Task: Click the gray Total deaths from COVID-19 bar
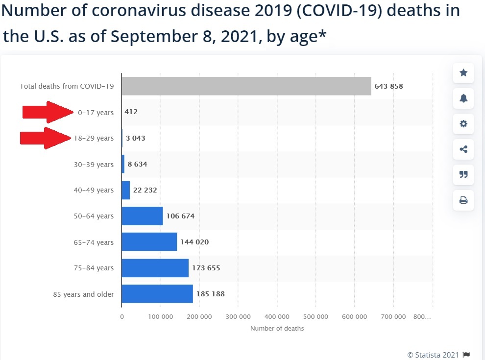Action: pyautogui.click(x=246, y=86)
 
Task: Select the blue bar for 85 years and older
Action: pyautogui.click(x=157, y=294)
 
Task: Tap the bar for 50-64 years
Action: pyautogui.click(x=142, y=216)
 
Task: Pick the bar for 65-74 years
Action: pyautogui.click(x=149, y=242)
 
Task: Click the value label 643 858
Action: pyautogui.click(x=388, y=86)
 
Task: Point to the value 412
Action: pyautogui.click(x=131, y=112)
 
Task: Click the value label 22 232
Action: pyautogui.click(x=145, y=190)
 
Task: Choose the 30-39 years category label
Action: pyautogui.click(x=94, y=165)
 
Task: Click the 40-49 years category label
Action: pyautogui.click(x=94, y=190)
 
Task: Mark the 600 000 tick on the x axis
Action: pyautogui.click(x=354, y=317)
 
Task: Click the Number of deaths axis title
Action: pyautogui.click(x=277, y=328)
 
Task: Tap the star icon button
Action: pyautogui.click(x=463, y=73)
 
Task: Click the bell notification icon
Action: pyautogui.click(x=463, y=98)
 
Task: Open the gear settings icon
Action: pyautogui.click(x=463, y=124)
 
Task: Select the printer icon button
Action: pyautogui.click(x=463, y=200)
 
